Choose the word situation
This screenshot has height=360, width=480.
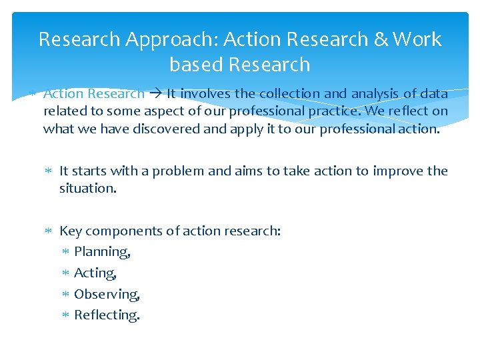87,189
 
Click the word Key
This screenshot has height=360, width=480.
71,231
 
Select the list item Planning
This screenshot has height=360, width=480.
102,252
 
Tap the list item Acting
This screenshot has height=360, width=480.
95,273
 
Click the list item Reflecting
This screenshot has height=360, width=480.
107,315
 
